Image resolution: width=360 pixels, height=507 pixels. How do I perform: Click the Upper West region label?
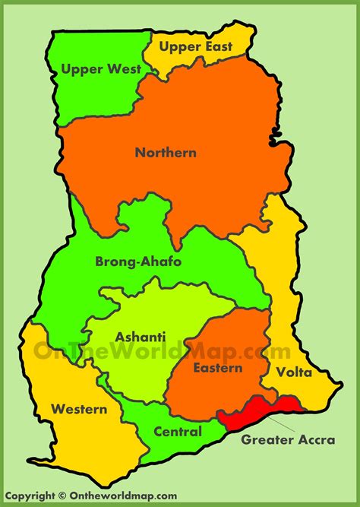coord(101,69)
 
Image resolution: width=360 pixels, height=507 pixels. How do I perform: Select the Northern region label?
coord(166,153)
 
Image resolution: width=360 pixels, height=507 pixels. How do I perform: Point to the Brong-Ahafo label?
coord(138,261)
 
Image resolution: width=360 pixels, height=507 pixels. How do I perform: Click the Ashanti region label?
coord(136,337)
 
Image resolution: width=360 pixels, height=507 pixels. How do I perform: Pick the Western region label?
coord(79,409)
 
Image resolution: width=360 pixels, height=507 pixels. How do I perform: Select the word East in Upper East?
coord(229,47)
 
